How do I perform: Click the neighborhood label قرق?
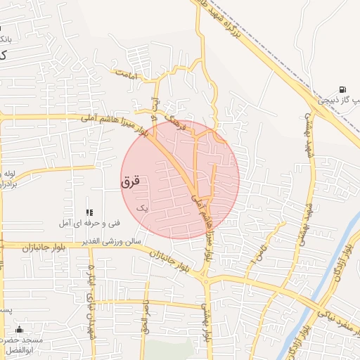click(131, 181)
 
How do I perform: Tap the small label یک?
click(143, 208)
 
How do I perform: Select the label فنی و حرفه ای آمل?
click(85, 223)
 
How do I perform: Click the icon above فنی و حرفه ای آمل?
click(89, 212)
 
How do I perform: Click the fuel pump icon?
click(342, 89)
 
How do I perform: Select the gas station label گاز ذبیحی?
click(335, 100)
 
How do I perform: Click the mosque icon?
click(19, 330)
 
